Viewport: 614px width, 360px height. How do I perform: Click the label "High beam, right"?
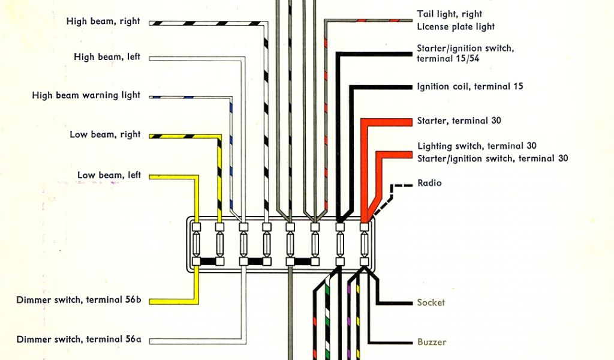tap(103, 22)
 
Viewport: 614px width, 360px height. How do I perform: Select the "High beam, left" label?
tap(107, 57)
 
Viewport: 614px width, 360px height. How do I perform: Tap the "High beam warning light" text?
tap(86, 95)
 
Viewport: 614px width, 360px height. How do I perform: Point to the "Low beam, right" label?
tap(105, 134)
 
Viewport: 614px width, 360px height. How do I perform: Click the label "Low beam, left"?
tap(109, 175)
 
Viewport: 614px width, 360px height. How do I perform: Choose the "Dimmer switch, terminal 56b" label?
tap(79, 299)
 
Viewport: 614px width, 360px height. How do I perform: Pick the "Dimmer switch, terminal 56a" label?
tap(79, 340)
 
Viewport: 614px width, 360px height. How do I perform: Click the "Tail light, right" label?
tap(449, 14)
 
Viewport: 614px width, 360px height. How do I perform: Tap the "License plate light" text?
tap(456, 27)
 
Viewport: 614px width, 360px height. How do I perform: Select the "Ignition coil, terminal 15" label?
tap(470, 86)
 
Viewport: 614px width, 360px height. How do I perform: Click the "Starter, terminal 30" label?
tap(459, 121)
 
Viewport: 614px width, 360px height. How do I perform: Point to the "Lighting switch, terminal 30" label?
tap(476, 146)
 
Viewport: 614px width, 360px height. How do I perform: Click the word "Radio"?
tap(429, 183)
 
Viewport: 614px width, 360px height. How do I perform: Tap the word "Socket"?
tap(431, 303)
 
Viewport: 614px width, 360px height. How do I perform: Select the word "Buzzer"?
tap(432, 342)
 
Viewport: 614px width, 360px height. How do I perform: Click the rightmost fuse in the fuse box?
tap(364, 244)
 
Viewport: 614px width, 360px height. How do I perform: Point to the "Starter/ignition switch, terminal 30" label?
tap(492, 158)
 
